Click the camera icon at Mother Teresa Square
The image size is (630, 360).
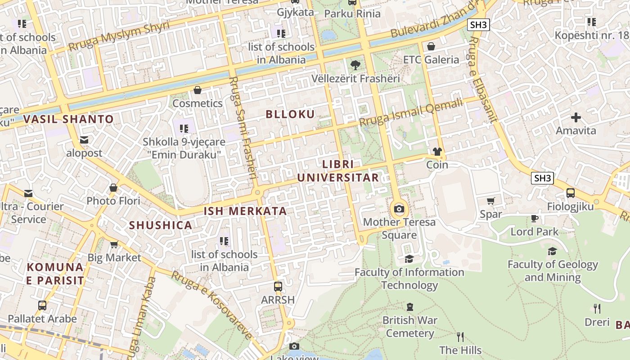coord(399,209)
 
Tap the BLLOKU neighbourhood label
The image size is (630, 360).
coord(290,114)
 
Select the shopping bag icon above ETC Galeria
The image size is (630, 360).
coord(431,46)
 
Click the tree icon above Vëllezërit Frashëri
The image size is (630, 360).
coord(355,65)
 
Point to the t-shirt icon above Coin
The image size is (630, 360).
coord(437,152)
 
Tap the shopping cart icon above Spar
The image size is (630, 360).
coord(490,201)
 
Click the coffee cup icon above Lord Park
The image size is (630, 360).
coord(534,219)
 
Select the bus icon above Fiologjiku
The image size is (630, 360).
coord(571,193)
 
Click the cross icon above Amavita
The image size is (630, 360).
coord(576,118)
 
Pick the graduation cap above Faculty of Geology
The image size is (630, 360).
coord(552,251)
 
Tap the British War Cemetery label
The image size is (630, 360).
coord(409,327)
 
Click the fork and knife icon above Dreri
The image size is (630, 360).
coord(597,309)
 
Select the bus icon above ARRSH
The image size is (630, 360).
coord(278,286)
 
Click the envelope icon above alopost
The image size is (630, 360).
coord(84,140)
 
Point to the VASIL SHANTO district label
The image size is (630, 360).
coord(68,119)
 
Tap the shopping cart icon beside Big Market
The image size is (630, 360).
coord(114,245)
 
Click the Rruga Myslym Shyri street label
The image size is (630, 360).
coord(119,36)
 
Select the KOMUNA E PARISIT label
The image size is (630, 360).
coord(55,274)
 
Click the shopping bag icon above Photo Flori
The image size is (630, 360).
coord(113,188)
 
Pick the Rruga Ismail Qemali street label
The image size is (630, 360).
coord(410,112)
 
